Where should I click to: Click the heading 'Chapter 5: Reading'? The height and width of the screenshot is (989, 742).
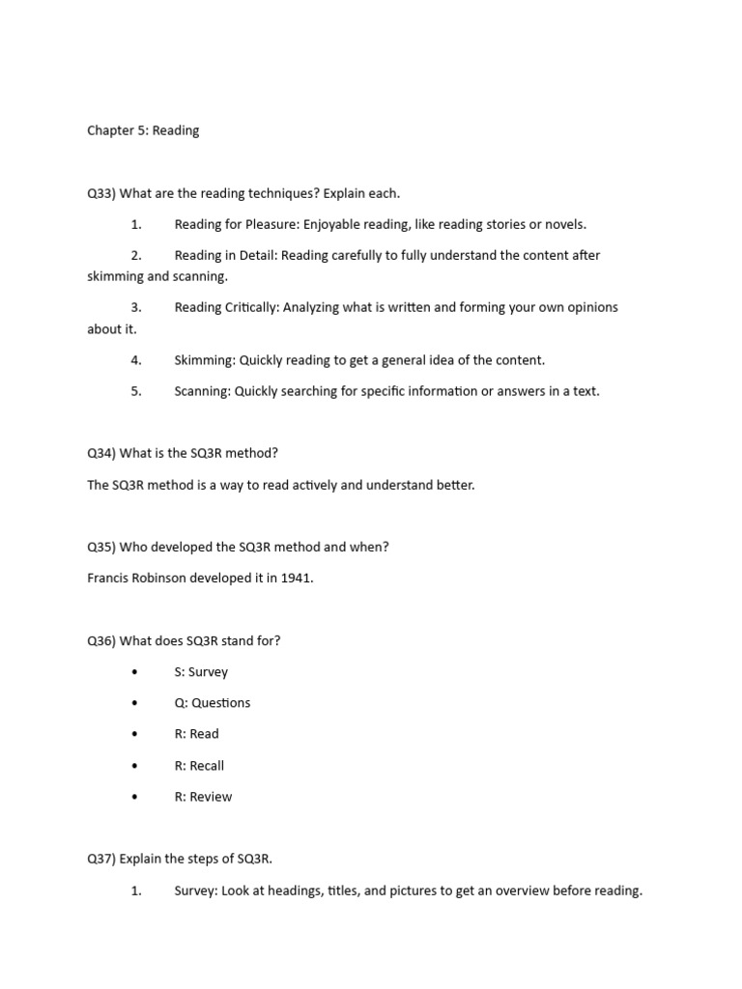pos(143,130)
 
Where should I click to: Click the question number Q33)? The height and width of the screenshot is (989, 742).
pos(101,193)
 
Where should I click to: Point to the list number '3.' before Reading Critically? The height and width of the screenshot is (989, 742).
pos(136,307)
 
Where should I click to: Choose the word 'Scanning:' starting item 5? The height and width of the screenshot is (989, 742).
pos(203,391)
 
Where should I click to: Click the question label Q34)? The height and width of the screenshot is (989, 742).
pos(101,453)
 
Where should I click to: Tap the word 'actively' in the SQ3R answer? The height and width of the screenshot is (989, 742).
pos(323,485)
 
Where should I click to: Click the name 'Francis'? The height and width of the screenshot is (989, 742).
pos(108,579)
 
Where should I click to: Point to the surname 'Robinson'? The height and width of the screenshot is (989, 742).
pos(162,579)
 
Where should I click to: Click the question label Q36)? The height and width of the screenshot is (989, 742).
pos(101,640)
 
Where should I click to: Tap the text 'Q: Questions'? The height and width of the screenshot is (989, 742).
pos(213,703)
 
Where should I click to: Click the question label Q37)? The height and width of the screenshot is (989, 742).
pos(101,860)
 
